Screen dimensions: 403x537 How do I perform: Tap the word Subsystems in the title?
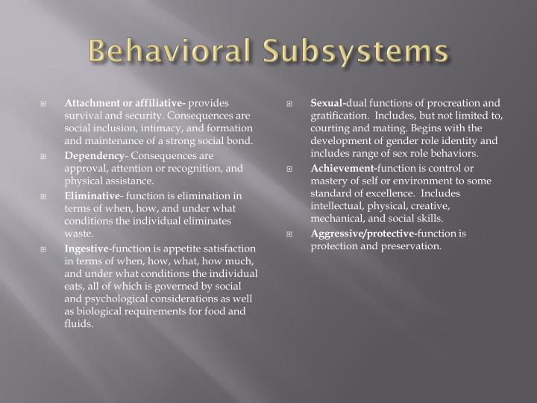tap(355, 52)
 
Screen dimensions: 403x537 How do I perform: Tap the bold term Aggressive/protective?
tap(363, 233)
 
